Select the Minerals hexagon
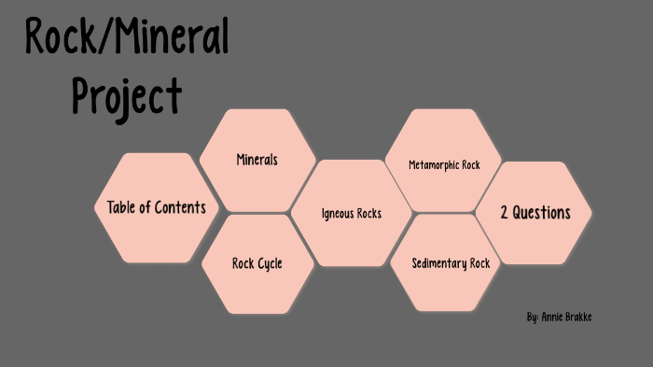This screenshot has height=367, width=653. click(x=257, y=160)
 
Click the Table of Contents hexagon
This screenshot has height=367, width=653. click(x=156, y=207)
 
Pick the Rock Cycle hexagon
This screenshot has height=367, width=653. click(x=257, y=263)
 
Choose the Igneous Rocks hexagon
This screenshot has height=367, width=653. click(x=351, y=214)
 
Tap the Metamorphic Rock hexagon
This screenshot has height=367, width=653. click(x=444, y=165)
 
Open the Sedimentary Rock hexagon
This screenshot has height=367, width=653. click(x=451, y=263)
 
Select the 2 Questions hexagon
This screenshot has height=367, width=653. click(x=535, y=213)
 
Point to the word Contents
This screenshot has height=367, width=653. click(x=179, y=207)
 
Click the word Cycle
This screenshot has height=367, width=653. click(x=271, y=263)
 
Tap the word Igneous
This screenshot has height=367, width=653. click(x=337, y=214)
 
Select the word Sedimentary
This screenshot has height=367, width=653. click(x=439, y=263)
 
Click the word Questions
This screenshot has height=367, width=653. click(x=542, y=213)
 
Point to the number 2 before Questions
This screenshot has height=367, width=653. click(x=505, y=213)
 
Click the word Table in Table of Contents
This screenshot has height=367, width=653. click(x=121, y=207)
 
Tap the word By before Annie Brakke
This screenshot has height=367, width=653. click(x=532, y=318)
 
